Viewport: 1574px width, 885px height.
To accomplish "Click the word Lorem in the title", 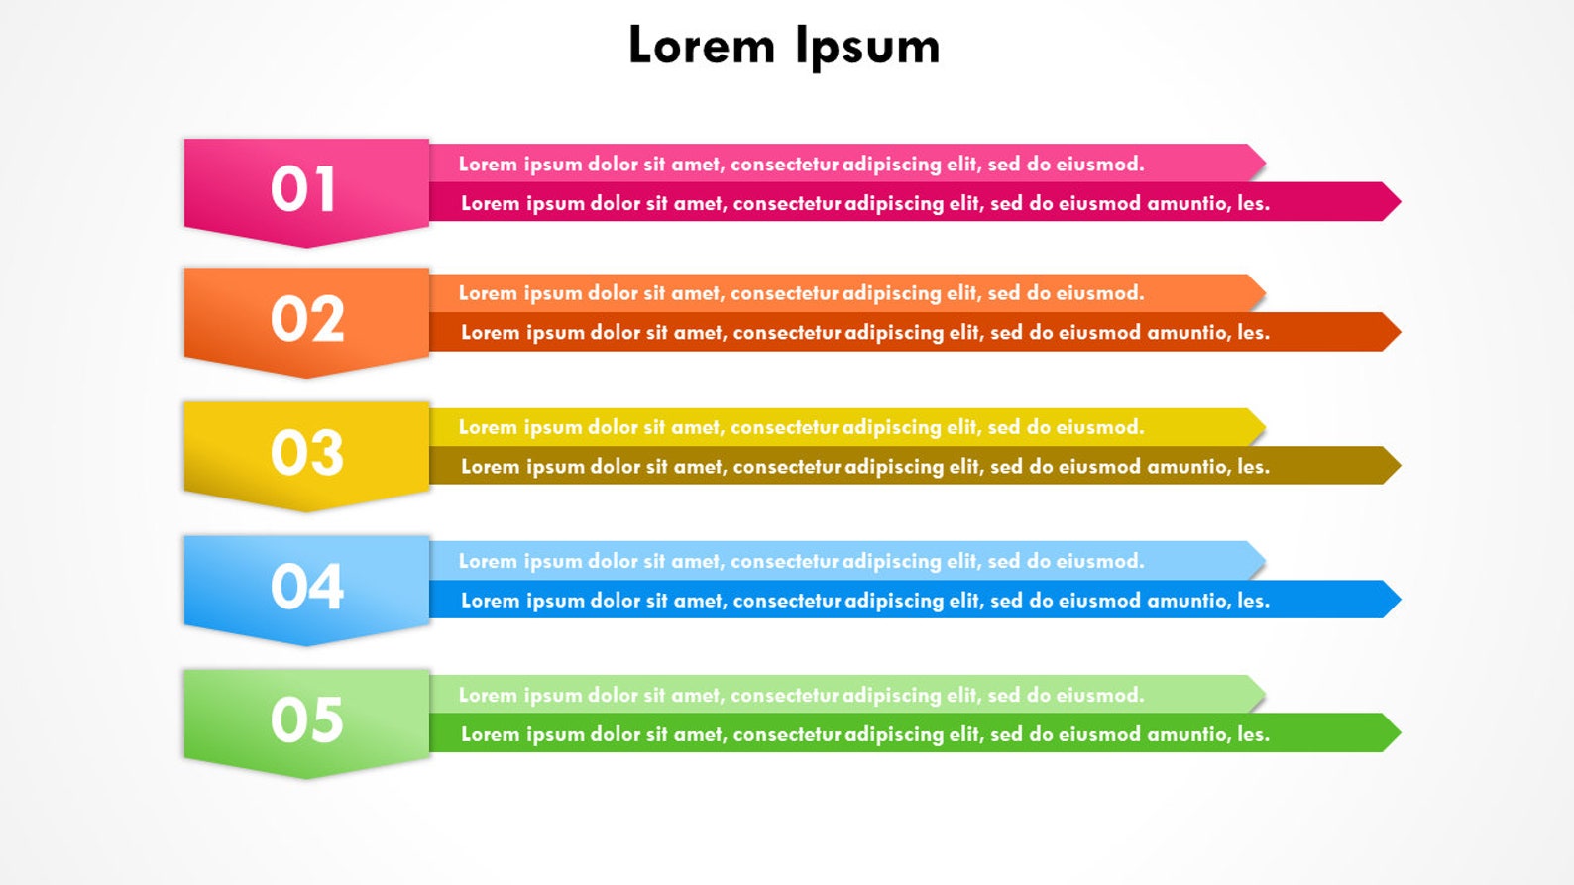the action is [702, 47].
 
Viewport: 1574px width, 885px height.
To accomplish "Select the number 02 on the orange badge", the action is [307, 319].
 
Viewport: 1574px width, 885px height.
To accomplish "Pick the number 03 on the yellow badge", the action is [307, 453].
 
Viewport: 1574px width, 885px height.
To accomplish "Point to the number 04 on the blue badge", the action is [307, 587].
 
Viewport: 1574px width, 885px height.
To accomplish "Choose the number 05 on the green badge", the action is [307, 719].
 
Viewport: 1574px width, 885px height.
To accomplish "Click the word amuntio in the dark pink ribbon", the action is [1186, 203].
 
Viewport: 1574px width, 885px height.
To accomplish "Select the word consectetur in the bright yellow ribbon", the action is [785, 427].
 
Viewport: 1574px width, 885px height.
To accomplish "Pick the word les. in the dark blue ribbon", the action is [1253, 601].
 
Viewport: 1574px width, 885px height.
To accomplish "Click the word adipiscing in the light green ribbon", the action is [890, 696].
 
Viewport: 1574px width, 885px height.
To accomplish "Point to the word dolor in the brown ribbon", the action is [615, 467].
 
